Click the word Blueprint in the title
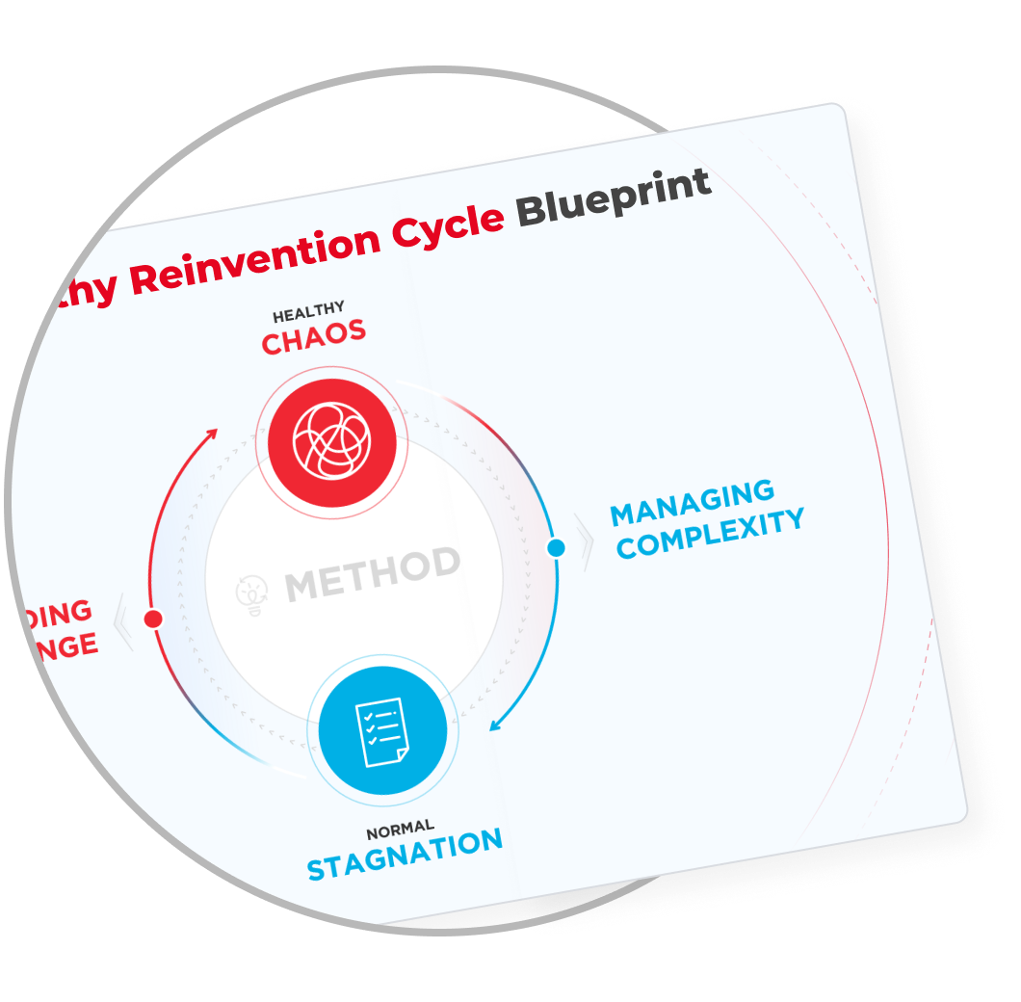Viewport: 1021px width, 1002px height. pos(615,199)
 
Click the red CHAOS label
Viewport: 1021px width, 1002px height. pos(314,337)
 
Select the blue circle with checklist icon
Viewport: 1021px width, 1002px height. pos(382,728)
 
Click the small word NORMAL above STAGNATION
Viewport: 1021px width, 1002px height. pos(400,829)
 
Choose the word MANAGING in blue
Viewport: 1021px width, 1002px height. pos(692,504)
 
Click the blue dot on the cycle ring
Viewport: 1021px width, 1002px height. pos(556,548)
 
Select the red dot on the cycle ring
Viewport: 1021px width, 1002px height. pos(152,619)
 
